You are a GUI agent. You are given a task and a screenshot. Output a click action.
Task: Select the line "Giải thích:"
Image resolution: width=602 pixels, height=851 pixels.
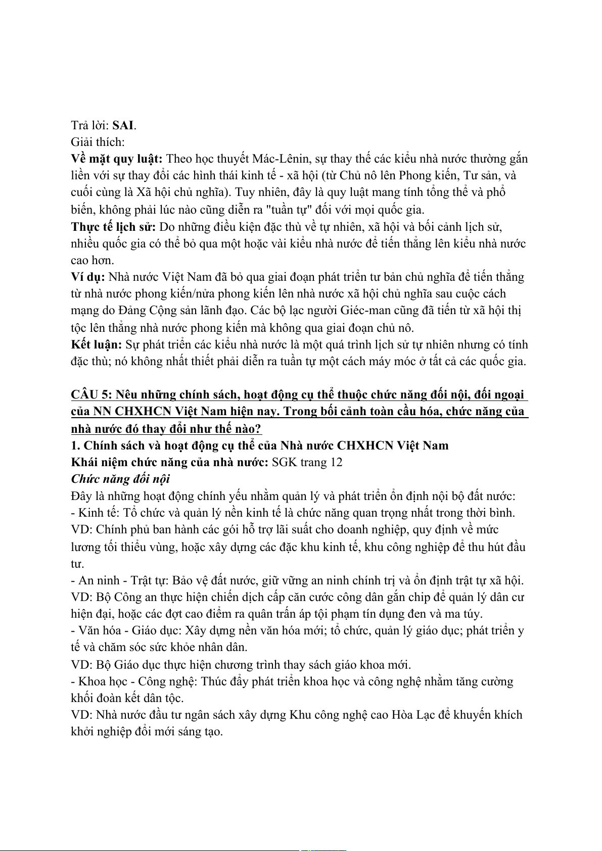98,142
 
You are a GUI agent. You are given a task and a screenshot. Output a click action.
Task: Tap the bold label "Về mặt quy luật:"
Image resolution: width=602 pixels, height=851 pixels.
117,159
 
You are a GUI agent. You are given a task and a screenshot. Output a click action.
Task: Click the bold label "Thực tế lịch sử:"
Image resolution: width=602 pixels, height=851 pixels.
113,227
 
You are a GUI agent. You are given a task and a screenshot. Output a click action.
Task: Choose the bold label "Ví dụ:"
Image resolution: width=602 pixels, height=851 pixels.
88,277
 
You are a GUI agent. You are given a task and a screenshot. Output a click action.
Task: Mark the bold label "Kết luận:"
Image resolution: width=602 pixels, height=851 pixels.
97,344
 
